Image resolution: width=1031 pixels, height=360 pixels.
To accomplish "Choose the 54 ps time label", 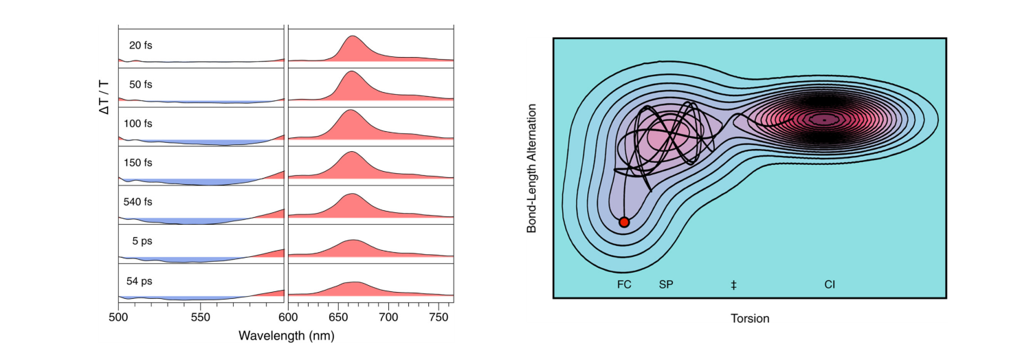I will tap(140, 280).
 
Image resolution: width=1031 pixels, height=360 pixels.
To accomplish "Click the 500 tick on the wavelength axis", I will tap(119, 317).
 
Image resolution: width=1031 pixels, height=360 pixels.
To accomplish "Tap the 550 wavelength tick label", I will tap(200, 317).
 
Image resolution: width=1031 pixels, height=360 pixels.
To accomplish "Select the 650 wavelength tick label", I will tap(338, 317).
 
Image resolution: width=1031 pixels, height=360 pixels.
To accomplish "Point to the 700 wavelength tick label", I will tap(389, 317).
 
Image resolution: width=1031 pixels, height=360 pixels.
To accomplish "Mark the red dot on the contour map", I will tap(624, 222).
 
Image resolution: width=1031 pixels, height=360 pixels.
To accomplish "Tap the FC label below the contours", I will tap(624, 284).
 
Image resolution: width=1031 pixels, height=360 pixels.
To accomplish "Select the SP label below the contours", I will tap(666, 284).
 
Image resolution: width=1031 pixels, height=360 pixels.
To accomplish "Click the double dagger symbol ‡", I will tap(734, 284).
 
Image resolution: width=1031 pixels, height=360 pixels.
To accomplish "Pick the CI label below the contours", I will tap(830, 284).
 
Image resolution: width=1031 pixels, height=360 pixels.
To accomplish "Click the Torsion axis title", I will tap(750, 318).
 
